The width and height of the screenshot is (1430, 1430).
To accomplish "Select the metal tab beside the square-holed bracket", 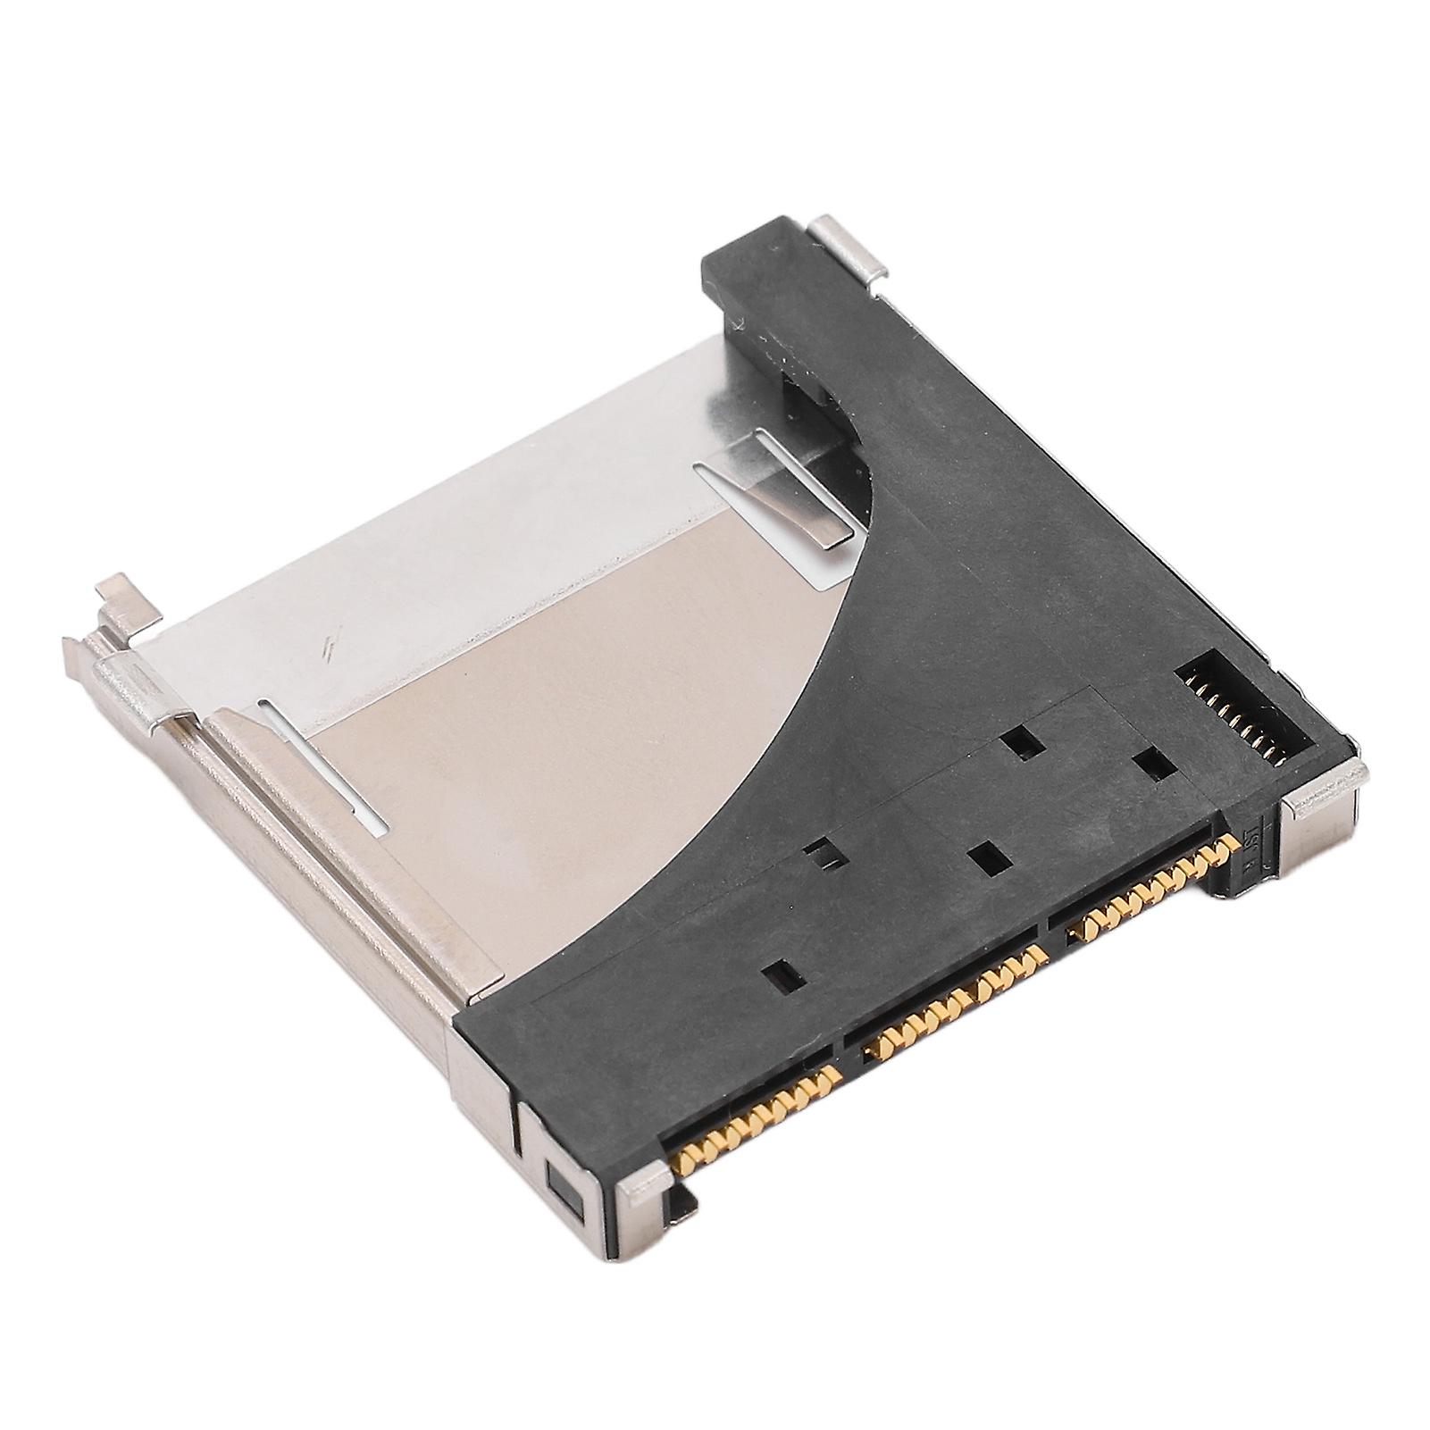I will click(644, 1183).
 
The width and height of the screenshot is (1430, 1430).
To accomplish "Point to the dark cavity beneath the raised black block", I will click(813, 393).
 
